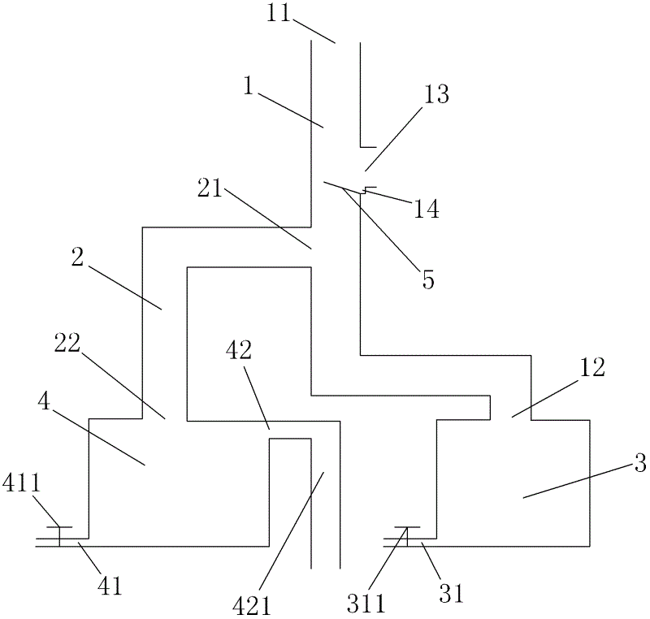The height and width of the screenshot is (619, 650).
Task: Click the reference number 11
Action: point(280,14)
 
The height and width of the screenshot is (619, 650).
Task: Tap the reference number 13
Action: point(436,94)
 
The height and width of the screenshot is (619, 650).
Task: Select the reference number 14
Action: point(426,209)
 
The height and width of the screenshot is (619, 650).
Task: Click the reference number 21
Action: point(211,188)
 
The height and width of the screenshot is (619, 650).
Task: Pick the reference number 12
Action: point(592,367)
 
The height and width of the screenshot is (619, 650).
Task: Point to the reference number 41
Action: point(110,586)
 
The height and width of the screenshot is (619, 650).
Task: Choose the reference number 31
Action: point(452,594)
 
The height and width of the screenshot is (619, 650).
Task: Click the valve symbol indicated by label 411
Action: point(59,535)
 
